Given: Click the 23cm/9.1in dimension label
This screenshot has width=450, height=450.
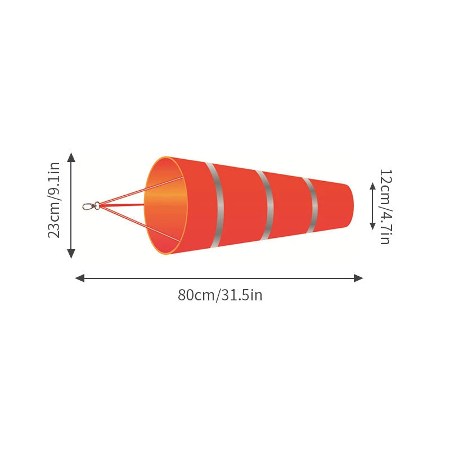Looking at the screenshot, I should (54, 200).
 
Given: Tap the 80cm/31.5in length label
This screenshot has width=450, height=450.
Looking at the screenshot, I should (220, 295).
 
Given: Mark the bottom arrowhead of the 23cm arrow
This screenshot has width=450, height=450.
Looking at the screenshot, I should (71, 254).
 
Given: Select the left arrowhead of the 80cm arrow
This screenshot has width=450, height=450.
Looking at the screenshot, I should (80, 278).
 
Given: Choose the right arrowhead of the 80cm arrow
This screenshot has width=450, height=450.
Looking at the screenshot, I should (358, 278).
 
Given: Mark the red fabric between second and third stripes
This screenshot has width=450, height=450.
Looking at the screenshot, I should (289, 205).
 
